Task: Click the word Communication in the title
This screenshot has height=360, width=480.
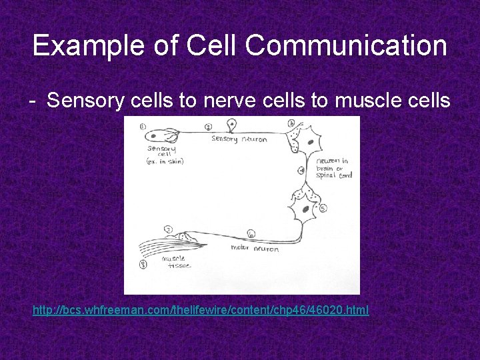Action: [345, 46]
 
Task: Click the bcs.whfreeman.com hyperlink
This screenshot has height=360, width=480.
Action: [201, 311]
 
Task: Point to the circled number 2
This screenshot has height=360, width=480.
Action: [208, 127]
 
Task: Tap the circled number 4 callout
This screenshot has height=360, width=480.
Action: [301, 171]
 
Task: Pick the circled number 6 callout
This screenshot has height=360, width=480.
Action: [251, 233]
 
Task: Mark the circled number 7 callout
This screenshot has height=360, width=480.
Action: [168, 230]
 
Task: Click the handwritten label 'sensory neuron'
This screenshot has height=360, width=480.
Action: [239, 139]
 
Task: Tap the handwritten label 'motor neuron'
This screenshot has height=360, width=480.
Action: [255, 248]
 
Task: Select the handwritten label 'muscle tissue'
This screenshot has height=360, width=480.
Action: [176, 262]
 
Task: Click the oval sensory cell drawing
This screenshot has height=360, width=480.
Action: [162, 136]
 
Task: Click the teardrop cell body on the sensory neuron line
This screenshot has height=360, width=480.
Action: [231, 125]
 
